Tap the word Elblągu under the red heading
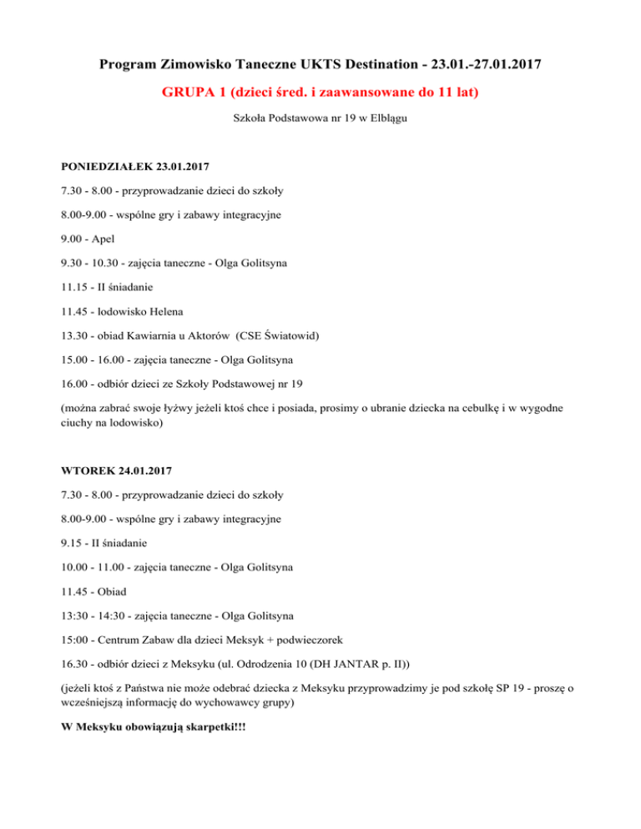[x=390, y=119]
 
